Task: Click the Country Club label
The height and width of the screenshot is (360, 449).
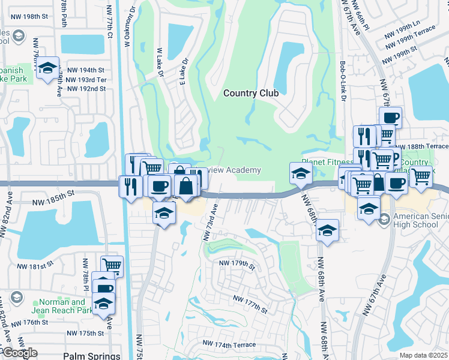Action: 251,93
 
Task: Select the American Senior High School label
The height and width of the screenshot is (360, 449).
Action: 421,220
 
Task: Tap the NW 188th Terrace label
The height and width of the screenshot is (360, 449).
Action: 429,146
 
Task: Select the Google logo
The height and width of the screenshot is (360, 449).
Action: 20,353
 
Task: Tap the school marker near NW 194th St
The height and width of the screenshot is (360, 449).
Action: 47,69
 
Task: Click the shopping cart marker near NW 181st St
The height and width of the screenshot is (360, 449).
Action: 112,265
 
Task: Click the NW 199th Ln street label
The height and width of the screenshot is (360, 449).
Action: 403,28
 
